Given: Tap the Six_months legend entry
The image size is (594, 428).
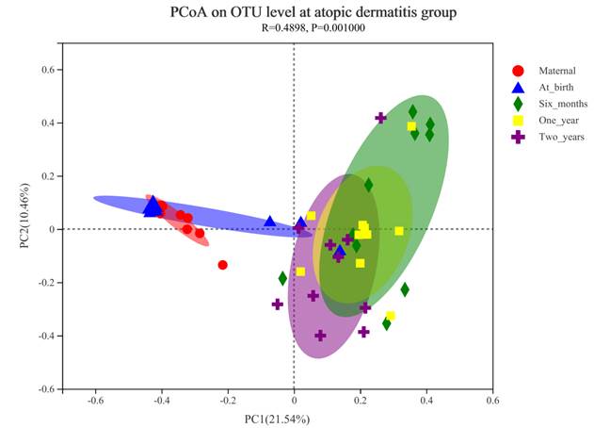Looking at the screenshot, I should coord(561,104).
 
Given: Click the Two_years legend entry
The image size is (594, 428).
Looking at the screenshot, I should coord(560,137).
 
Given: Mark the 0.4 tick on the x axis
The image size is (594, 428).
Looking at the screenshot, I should coord(426,401).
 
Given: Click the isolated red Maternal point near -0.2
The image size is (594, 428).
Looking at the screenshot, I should coord(223,265).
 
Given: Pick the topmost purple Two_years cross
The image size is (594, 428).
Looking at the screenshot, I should coord(380,118).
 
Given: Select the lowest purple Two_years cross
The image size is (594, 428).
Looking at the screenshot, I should coord(320,336).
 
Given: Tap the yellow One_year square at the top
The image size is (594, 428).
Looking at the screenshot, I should coord(411,126).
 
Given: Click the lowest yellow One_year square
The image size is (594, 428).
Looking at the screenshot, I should coord(390,316).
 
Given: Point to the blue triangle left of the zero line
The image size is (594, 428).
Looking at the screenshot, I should coord(270,222).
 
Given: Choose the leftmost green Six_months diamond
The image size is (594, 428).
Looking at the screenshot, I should coord(282,278).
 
